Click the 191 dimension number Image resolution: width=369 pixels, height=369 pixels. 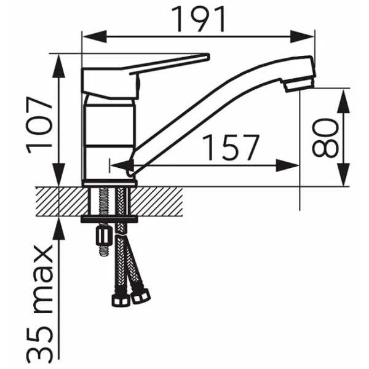point(198,19)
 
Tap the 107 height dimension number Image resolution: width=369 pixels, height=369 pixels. point(39,125)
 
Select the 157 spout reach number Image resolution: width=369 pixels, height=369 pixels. point(231,148)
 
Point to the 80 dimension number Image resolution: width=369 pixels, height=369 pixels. point(325,138)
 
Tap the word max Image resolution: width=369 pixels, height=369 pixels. point(42,280)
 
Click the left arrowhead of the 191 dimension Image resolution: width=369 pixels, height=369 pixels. point(94,37)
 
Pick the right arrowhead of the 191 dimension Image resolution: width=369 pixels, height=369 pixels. point(302,37)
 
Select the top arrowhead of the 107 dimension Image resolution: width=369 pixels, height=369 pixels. point(58,66)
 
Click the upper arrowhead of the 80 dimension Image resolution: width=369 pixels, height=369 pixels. point(343,101)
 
